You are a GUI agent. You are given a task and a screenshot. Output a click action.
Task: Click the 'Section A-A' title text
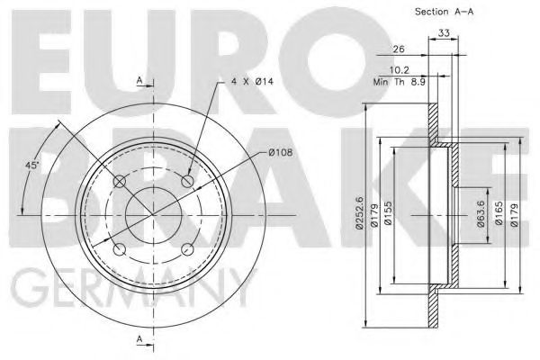[445, 12]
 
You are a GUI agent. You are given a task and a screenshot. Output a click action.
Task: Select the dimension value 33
[443, 35]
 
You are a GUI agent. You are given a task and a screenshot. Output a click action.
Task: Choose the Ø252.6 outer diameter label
[360, 214]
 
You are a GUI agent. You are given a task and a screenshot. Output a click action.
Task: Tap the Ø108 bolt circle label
[281, 153]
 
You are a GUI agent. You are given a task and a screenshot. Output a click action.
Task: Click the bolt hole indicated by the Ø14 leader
[188, 183]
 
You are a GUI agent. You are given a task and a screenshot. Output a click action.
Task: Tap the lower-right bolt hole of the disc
[188, 250]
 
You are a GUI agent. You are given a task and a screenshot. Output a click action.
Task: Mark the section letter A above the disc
[139, 81]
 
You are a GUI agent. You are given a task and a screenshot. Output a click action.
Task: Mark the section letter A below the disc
[139, 337]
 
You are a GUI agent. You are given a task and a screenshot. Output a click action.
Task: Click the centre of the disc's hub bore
[154, 217]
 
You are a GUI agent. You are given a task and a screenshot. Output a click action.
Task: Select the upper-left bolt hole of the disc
[120, 183]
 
